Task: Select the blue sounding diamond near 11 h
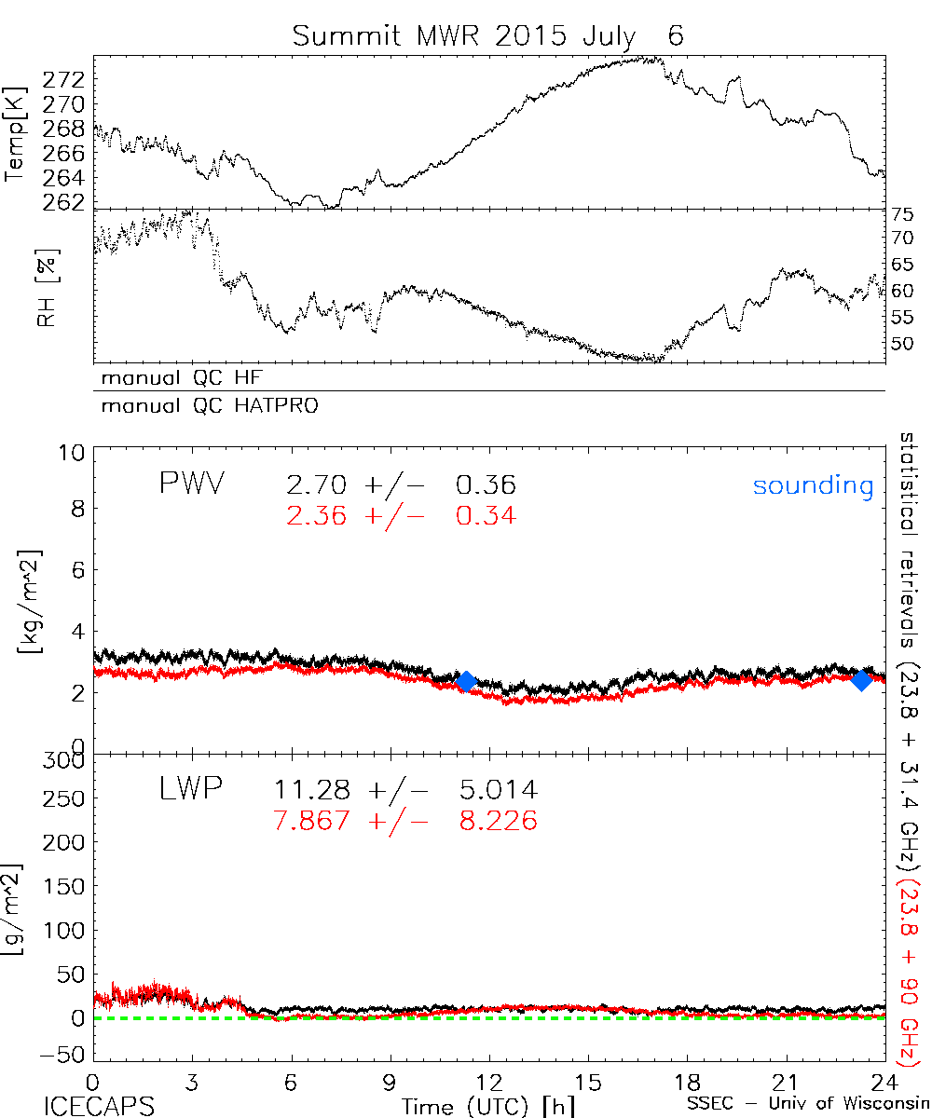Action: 467,681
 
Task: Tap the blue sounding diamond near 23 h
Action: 862,680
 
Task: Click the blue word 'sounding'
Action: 813,485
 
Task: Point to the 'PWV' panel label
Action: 193,484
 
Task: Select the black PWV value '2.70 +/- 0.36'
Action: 402,485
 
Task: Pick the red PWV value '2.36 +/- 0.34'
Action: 402,515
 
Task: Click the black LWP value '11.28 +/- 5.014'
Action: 405,791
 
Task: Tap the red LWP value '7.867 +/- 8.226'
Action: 405,821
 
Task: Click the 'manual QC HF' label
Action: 189,378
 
